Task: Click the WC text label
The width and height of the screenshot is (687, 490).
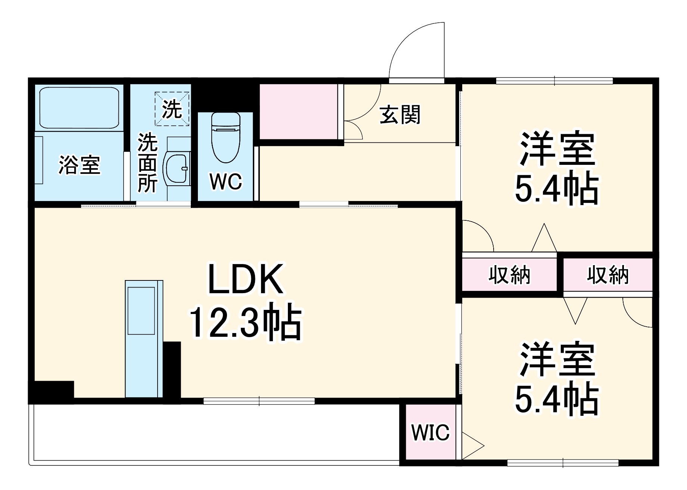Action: click(226, 182)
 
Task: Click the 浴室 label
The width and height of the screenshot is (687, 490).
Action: click(79, 165)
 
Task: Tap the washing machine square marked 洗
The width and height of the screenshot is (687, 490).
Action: click(172, 109)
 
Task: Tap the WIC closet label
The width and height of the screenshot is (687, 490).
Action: click(430, 433)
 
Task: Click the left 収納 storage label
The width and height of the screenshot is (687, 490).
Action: click(509, 276)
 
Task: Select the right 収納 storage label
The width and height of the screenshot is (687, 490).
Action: click(607, 275)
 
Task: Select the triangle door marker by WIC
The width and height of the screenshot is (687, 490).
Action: click(471, 446)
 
